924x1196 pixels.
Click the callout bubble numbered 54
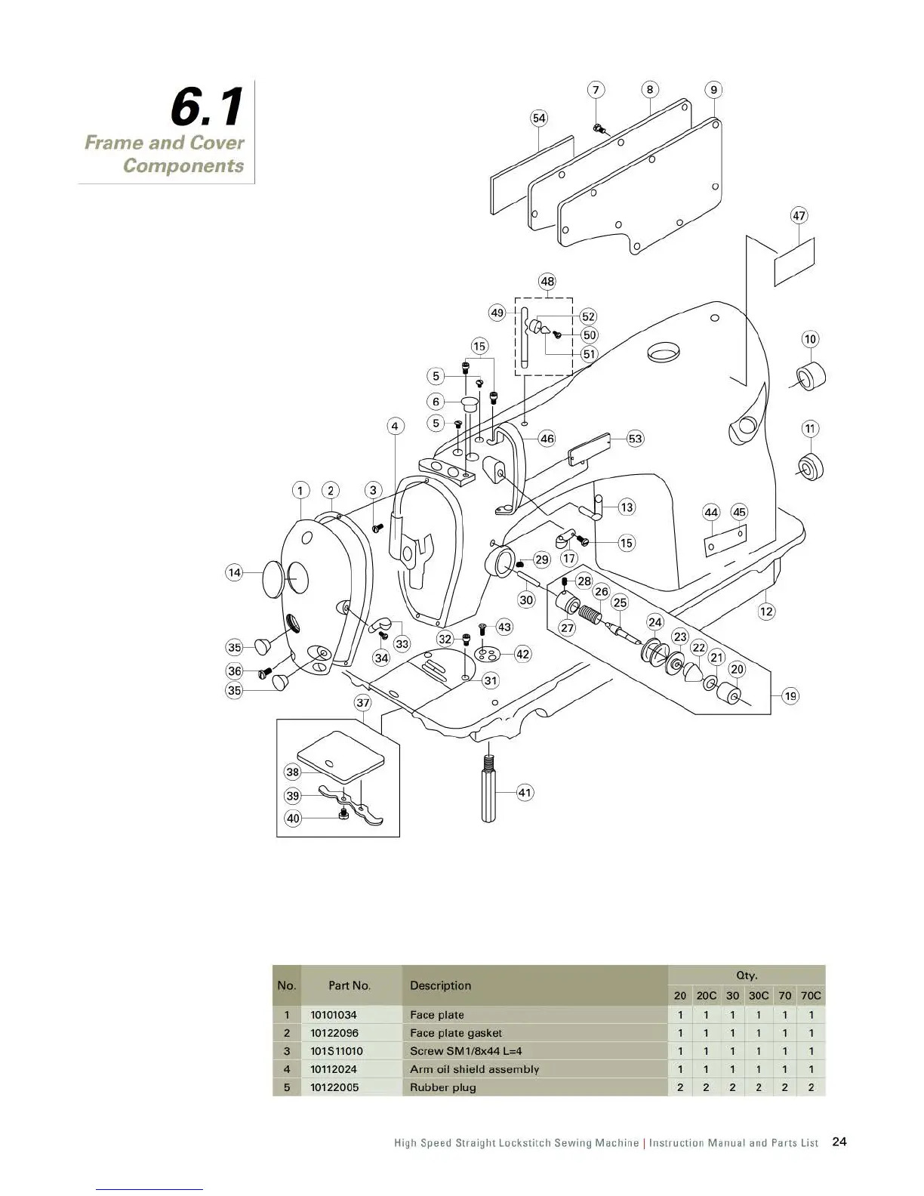coord(539,119)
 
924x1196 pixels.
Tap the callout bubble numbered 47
coord(799,215)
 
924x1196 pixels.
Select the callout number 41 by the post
coord(525,793)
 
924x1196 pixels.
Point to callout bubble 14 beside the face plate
coord(235,572)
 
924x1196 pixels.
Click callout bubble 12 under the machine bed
coord(767,611)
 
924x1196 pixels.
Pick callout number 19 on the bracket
coord(790,696)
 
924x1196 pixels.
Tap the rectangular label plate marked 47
coord(795,261)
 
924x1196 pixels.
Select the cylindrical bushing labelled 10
coord(810,376)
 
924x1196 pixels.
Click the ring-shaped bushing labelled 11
coord(811,467)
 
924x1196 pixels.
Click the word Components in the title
coord(183,165)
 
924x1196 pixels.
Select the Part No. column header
coord(350,985)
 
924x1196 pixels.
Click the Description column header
coord(440,985)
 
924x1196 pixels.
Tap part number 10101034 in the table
coord(334,1015)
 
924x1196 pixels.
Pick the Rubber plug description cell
coord(443,1087)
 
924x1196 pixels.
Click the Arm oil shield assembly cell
coord(474,1069)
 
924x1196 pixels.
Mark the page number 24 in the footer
coord(839,1142)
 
